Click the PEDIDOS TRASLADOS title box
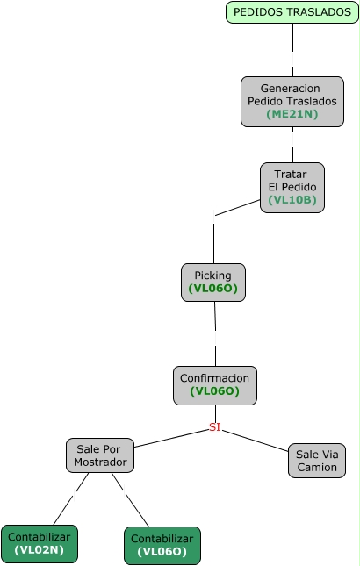(x=292, y=12)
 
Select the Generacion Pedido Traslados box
(x=292, y=102)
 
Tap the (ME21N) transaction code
(x=292, y=114)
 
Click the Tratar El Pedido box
(x=292, y=187)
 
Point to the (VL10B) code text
(x=292, y=199)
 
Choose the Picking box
(x=213, y=283)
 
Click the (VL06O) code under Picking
(x=213, y=289)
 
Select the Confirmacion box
(x=215, y=385)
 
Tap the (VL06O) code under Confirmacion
(x=215, y=391)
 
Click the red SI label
(x=214, y=427)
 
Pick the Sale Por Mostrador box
(x=100, y=455)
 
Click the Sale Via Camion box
(x=317, y=461)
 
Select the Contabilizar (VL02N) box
(x=40, y=543)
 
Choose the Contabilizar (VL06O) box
(x=162, y=546)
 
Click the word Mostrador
(x=100, y=462)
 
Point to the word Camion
(x=317, y=467)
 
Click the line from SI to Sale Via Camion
(x=255, y=441)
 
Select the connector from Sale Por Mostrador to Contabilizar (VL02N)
(x=71, y=498)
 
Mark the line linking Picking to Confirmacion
(x=215, y=334)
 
